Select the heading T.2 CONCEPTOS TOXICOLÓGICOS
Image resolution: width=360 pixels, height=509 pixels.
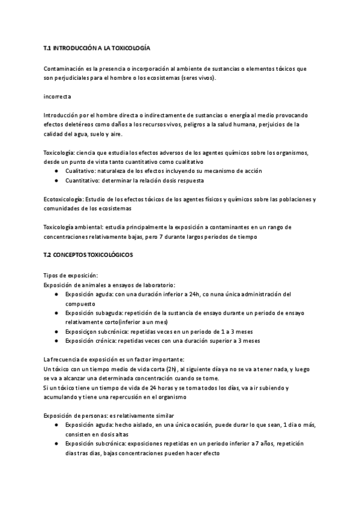pyautogui.click(x=88, y=255)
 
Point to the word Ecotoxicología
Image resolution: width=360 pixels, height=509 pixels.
pyautogui.click(x=63, y=199)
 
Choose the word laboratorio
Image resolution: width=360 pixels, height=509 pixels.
pyautogui.click(x=160, y=284)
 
